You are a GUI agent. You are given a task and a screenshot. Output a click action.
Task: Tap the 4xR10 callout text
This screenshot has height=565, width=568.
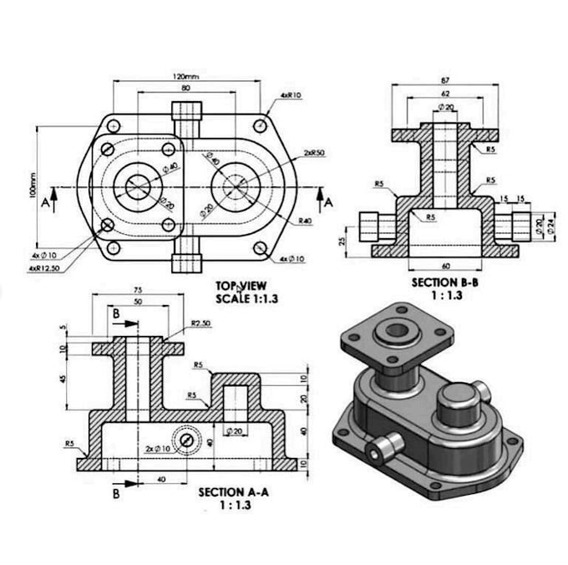[x=292, y=95]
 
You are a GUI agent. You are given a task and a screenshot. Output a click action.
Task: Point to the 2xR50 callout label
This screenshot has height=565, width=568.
[x=315, y=153]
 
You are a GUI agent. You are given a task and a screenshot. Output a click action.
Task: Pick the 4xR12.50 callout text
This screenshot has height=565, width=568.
[x=43, y=267]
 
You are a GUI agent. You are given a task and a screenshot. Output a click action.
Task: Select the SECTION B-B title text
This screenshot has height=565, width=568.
[x=445, y=282]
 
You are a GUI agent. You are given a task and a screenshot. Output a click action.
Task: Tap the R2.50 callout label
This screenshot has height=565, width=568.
[x=200, y=323]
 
